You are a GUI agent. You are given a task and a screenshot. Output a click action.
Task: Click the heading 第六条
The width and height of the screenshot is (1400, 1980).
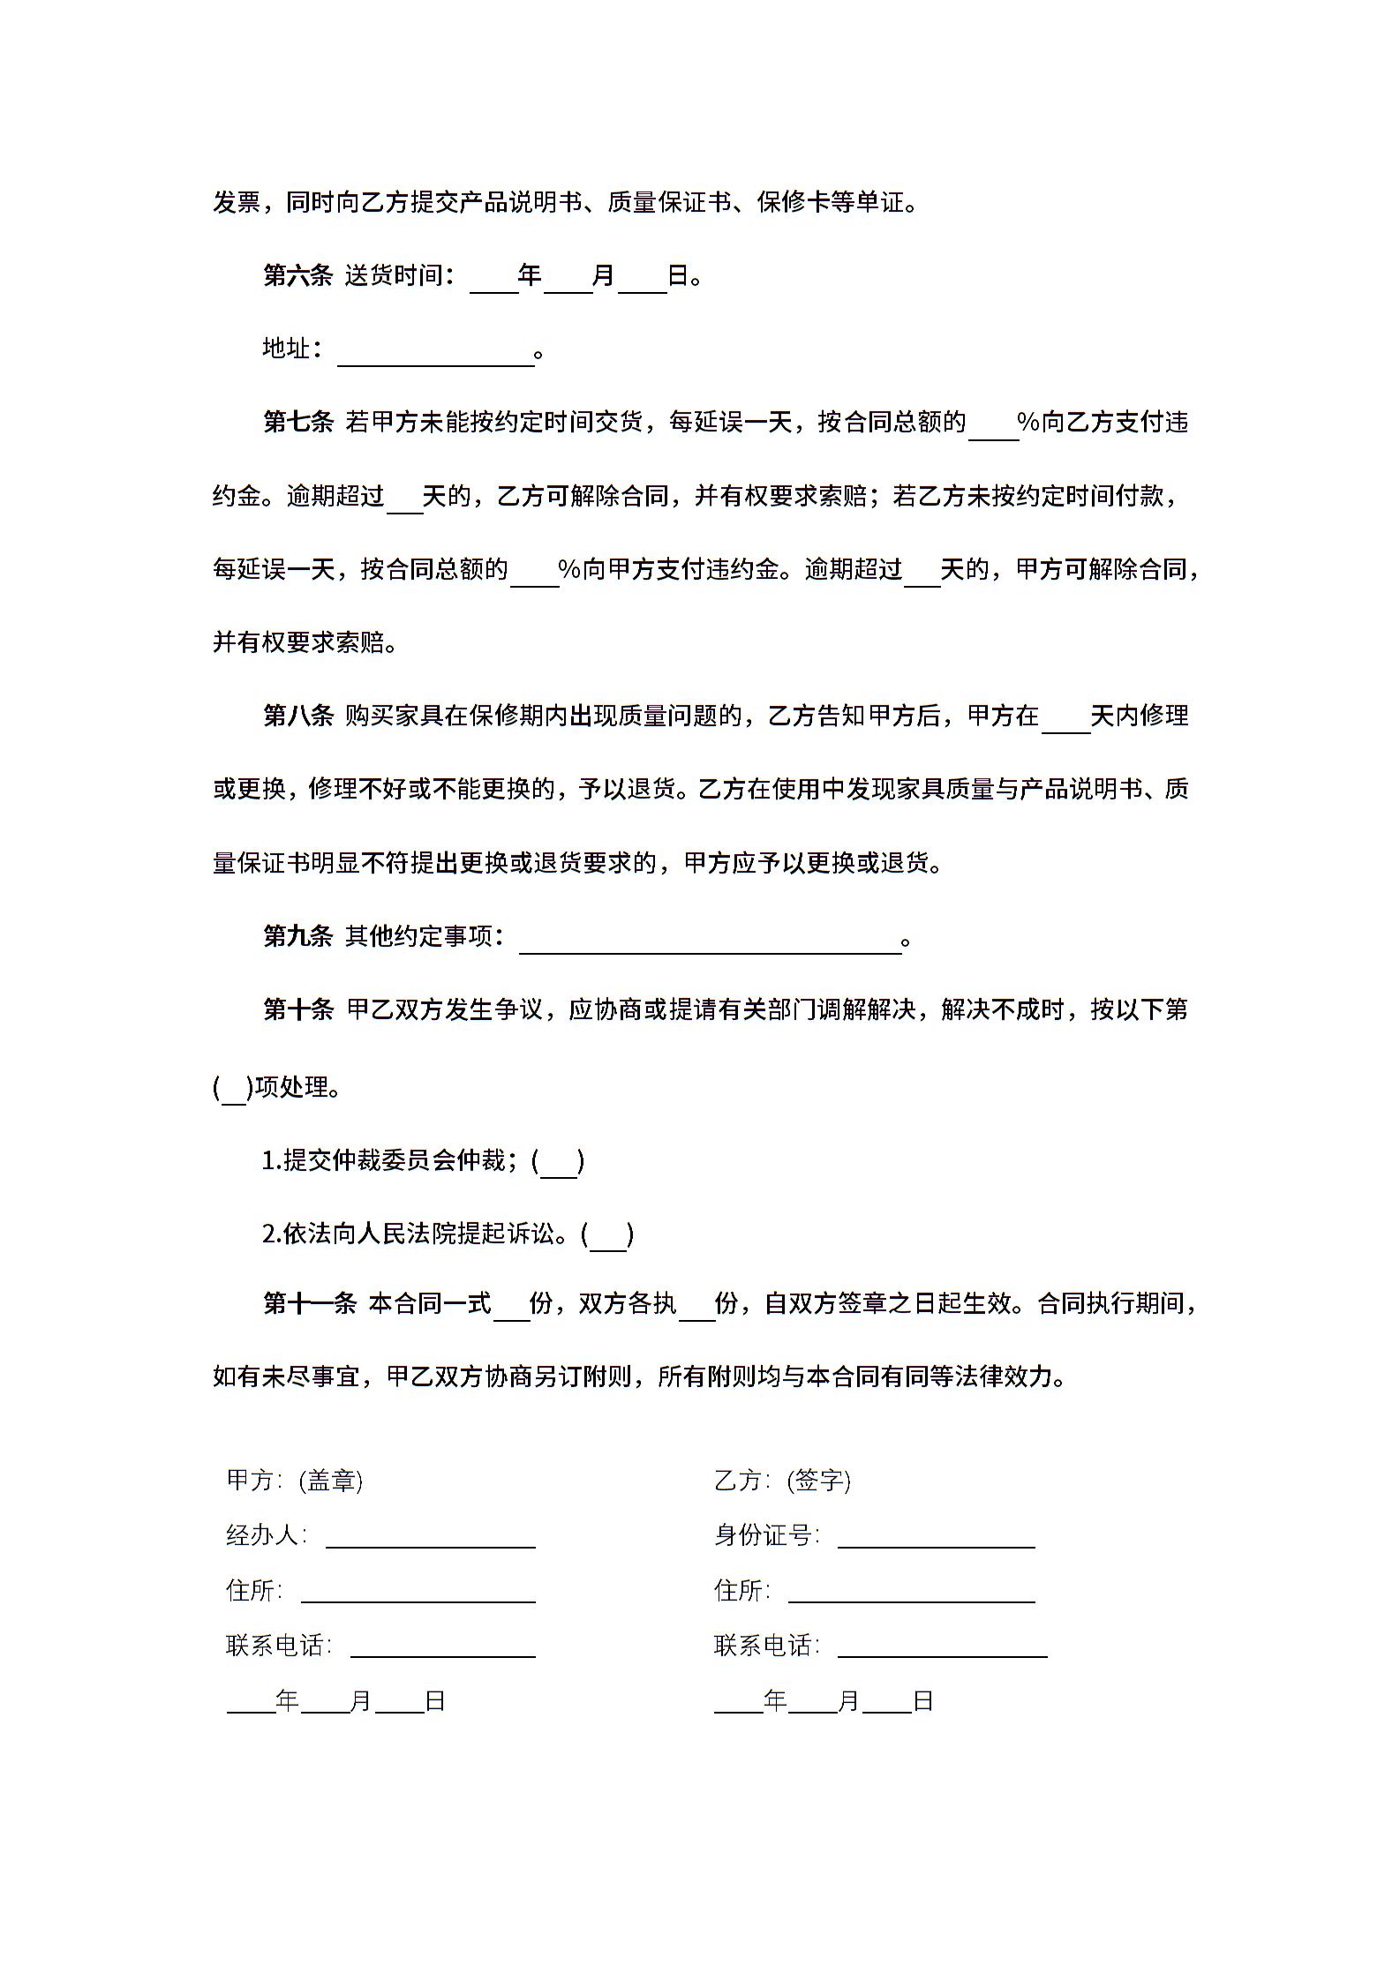pos(297,276)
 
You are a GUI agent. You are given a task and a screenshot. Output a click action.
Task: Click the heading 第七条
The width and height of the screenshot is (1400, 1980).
pos(297,423)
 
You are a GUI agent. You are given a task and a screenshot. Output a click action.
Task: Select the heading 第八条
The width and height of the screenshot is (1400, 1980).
pos(297,716)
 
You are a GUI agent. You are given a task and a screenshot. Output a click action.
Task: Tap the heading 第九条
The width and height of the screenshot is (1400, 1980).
pos(297,936)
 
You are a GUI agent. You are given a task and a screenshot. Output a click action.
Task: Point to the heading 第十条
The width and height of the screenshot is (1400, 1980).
pos(297,1009)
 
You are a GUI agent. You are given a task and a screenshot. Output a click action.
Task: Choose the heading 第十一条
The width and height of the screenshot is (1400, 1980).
pos(310,1303)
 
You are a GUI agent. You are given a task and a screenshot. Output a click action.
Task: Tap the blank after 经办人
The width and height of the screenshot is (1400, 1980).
pos(430,1538)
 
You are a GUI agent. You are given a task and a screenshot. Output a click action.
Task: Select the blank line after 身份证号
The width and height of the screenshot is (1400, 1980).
pos(936,1538)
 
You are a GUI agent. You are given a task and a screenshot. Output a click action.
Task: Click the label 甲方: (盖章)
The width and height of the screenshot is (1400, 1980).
pos(294,1481)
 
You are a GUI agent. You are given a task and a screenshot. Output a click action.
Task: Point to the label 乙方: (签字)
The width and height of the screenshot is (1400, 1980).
pos(782,1481)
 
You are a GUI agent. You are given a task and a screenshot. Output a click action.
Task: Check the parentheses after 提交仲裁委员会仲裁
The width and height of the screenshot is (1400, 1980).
pos(558,1162)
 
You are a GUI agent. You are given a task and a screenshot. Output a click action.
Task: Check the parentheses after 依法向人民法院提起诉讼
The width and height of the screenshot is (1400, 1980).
pos(607,1235)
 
